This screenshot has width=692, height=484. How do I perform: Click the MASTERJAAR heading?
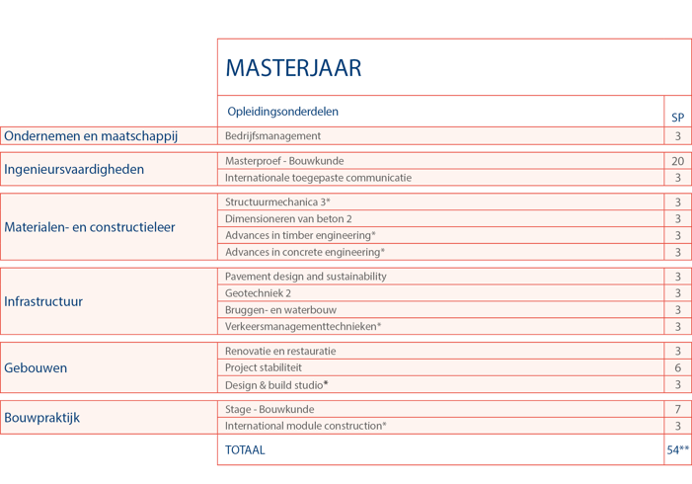(293, 68)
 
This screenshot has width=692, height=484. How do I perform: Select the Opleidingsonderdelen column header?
(282, 112)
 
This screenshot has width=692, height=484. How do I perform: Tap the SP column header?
(677, 118)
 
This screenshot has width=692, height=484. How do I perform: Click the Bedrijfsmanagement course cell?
(272, 136)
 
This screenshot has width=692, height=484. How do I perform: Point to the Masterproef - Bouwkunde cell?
(284, 161)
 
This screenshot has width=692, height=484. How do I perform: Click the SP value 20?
(677, 161)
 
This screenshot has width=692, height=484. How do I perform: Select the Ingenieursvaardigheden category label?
(74, 169)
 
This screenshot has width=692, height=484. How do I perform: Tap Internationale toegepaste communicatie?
(318, 178)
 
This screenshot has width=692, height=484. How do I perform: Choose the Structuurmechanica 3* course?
(277, 202)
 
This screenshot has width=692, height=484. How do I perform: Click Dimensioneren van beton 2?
(288, 218)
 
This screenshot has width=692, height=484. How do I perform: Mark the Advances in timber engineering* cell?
(300, 235)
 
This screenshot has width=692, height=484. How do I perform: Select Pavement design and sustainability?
(306, 277)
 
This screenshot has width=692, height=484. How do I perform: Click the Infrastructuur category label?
(43, 301)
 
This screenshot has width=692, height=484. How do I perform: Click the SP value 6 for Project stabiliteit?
(677, 367)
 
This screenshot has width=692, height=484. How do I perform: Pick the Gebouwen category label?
(36, 367)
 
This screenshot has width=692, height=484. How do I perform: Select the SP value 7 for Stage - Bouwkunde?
(677, 409)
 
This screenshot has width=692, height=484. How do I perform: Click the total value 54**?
(677, 449)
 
